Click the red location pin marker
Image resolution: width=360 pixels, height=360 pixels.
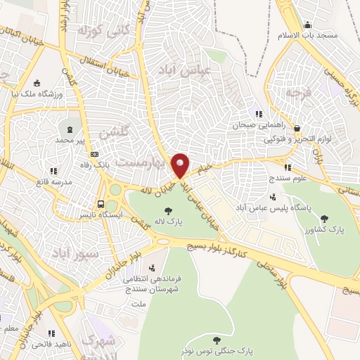181,165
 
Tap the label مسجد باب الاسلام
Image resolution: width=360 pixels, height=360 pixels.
315,34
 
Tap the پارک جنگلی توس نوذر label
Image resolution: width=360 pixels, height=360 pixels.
226,348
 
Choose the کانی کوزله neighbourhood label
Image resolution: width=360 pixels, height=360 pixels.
102,31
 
